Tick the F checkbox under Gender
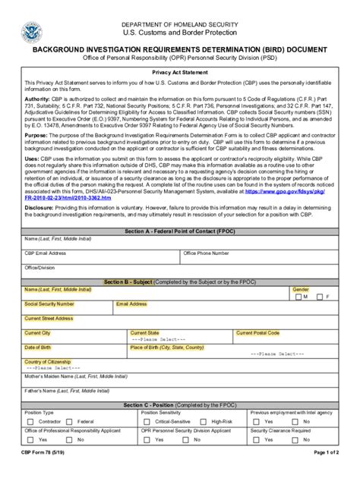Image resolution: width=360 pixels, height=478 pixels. click(319, 297)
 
